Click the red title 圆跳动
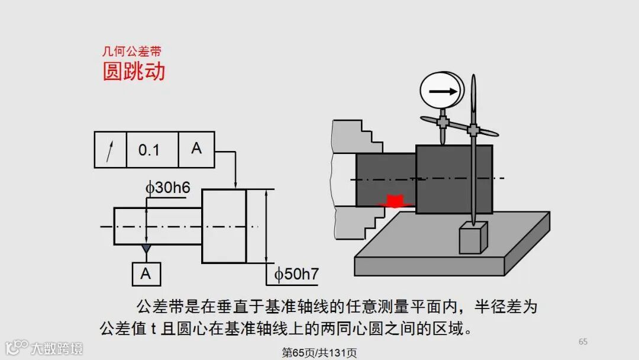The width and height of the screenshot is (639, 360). point(134,72)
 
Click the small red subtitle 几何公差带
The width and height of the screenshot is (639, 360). point(131,52)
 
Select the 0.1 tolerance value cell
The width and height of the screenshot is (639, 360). point(149,150)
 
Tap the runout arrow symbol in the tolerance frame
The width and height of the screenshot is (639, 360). point(110,150)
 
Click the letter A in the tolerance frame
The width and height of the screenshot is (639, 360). point(196,149)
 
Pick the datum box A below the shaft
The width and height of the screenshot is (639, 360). point(146,274)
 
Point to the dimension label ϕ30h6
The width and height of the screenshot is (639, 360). point(168,188)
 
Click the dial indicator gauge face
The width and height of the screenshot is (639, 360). point(441,91)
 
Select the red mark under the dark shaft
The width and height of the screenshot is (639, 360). point(393,201)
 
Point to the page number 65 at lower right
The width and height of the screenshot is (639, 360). point(583,342)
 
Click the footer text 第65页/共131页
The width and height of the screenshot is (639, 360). point(319,353)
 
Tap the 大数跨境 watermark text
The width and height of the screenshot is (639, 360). point(57,348)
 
